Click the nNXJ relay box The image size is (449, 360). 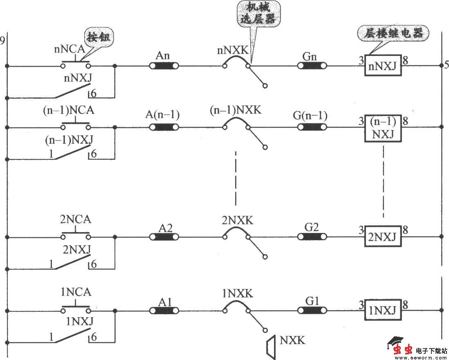tap(383, 65)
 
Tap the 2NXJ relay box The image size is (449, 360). tap(383, 237)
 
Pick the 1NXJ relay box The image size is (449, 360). tap(383, 311)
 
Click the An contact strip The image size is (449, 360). tap(164, 65)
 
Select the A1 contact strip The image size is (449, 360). tap(164, 311)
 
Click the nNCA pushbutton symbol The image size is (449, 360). tap(76, 64)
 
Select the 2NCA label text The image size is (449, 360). tap(76, 219)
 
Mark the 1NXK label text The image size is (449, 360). tap(238, 293)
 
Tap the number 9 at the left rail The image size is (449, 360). tap(3, 40)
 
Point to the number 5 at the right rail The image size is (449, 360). tap(446, 65)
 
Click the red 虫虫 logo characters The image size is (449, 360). tap(403, 350)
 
